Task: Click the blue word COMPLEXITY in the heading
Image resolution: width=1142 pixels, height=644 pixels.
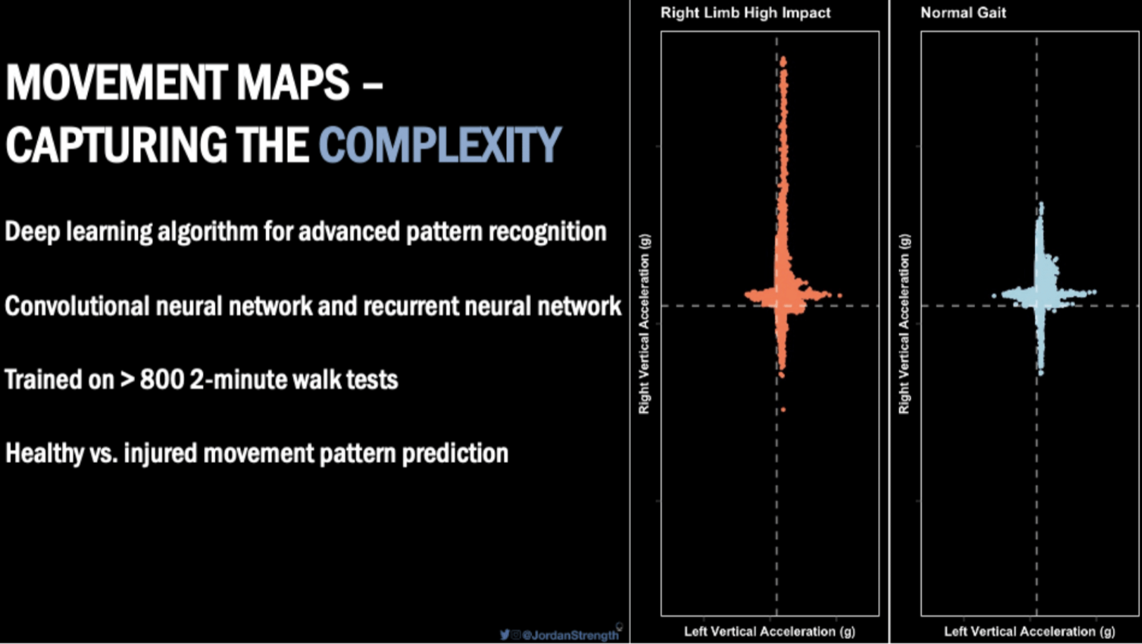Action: [x=439, y=144]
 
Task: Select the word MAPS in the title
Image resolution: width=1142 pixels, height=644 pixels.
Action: [x=293, y=82]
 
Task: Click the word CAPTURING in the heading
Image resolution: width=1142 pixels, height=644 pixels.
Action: [x=116, y=144]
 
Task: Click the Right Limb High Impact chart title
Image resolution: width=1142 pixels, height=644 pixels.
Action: [x=745, y=13]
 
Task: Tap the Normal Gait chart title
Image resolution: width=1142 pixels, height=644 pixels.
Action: [x=962, y=13]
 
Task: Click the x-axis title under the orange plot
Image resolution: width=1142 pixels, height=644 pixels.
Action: [x=769, y=631]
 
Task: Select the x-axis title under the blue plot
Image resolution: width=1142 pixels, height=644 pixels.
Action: [x=1029, y=631]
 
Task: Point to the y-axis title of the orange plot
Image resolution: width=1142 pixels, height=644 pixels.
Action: [x=644, y=324]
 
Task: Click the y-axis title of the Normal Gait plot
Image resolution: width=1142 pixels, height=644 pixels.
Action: [x=905, y=324]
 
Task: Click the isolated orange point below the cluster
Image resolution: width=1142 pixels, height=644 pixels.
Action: [x=783, y=409]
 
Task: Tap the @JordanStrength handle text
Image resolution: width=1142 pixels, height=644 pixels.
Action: [x=570, y=635]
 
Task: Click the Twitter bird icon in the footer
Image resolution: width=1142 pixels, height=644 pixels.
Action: [x=505, y=634]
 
